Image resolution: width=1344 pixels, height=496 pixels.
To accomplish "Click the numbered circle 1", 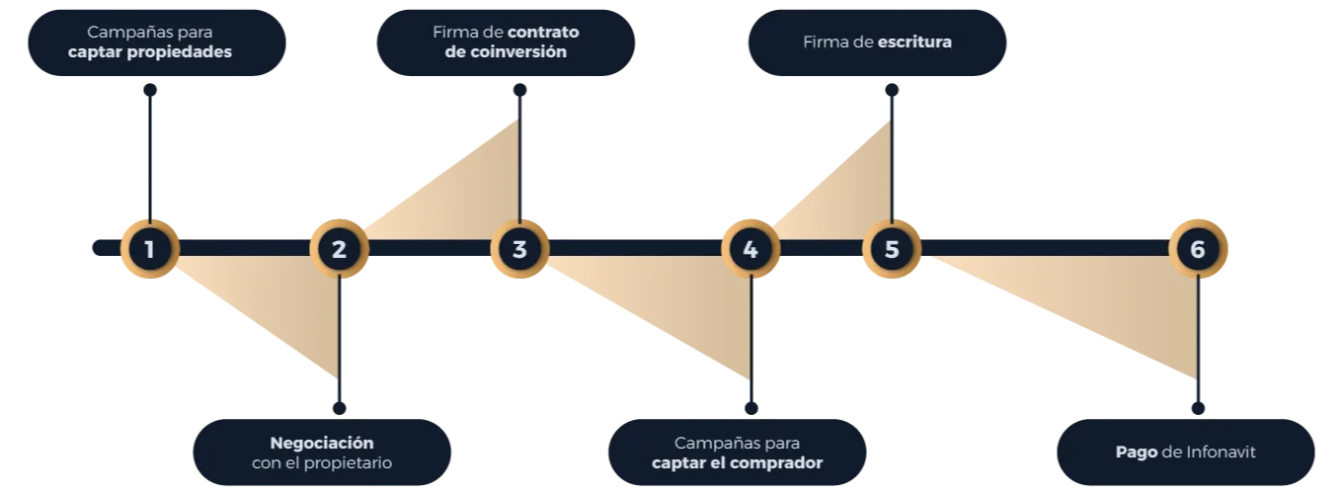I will (150, 249).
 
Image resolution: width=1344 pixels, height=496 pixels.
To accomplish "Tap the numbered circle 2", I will (340, 249).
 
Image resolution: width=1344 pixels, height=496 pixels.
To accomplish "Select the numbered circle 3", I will (519, 249).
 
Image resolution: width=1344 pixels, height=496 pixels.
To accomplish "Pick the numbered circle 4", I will (751, 249).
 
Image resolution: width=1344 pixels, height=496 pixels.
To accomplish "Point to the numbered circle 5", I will (892, 249).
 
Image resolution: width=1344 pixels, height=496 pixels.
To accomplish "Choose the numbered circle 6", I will (1198, 249).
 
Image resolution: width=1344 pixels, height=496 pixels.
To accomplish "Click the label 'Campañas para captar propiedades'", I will (151, 41).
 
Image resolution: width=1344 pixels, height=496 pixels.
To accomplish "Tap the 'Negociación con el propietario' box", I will (322, 453).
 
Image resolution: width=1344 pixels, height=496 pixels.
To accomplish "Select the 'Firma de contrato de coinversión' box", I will (506, 41).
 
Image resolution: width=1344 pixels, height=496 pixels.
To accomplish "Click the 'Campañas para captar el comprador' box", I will (737, 453).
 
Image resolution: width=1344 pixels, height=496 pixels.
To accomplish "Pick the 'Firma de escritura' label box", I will (878, 42).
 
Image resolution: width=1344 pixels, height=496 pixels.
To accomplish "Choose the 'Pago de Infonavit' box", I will (1185, 453).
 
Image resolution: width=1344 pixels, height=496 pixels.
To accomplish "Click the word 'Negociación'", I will (322, 443).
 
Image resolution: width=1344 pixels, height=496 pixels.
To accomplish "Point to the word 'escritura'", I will (914, 42).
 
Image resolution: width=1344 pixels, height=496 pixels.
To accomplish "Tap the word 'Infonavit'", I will (1209, 453).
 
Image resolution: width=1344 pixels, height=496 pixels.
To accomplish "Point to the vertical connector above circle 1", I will (150, 148).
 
